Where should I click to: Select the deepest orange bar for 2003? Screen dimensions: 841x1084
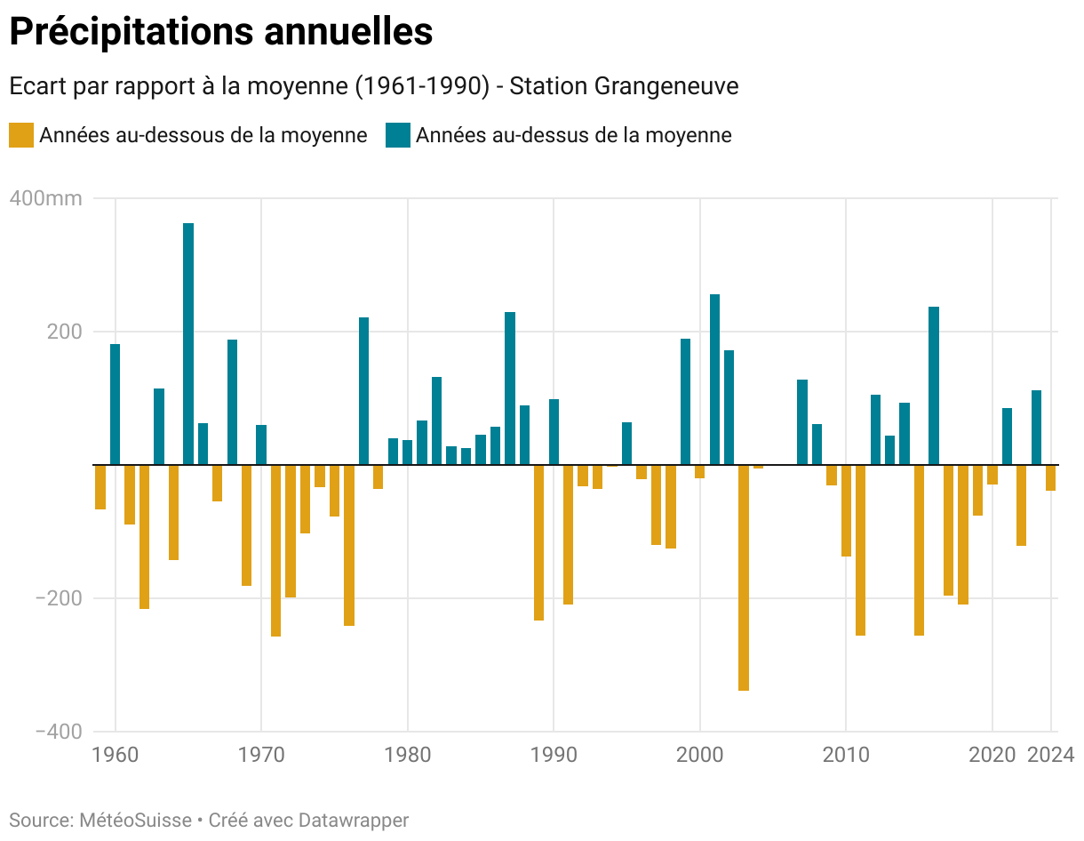pyautogui.click(x=744, y=577)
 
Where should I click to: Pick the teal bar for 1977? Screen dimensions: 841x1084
pyautogui.click(x=363, y=390)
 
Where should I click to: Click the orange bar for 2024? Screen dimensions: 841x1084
pyautogui.click(x=1050, y=477)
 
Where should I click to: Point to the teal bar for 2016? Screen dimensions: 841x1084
pyautogui.click(x=934, y=385)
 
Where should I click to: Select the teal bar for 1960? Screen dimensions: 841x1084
pyautogui.click(x=116, y=404)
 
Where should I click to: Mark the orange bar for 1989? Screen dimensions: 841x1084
pyautogui.click(x=538, y=542)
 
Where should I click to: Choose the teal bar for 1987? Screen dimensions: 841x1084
pyautogui.click(x=510, y=388)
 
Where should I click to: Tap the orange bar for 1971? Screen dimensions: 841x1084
pyautogui.click(x=275, y=550)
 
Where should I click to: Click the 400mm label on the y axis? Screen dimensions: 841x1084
pyautogui.click(x=46, y=198)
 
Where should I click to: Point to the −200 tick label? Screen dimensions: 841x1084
pyautogui.click(x=59, y=598)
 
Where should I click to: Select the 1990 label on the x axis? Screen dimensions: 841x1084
pyautogui.click(x=554, y=756)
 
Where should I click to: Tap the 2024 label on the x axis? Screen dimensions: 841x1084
pyautogui.click(x=1051, y=756)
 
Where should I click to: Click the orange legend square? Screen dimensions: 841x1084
pyautogui.click(x=21, y=135)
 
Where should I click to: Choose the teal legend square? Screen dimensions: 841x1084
pyautogui.click(x=397, y=135)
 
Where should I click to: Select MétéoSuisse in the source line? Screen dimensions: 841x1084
pyautogui.click(x=135, y=820)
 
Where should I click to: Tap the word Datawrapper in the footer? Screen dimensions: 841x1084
pyautogui.click(x=353, y=820)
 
